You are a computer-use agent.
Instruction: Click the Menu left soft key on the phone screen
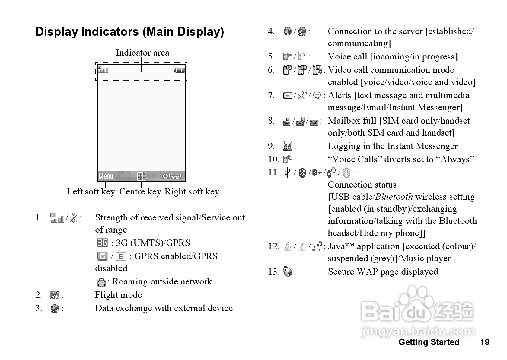click(x=106, y=176)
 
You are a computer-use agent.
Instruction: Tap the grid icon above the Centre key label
click(x=141, y=176)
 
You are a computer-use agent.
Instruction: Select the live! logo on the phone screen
click(x=172, y=176)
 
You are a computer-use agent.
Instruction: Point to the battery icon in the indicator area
click(x=180, y=70)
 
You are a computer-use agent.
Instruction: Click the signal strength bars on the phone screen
click(x=103, y=70)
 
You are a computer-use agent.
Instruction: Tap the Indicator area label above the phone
click(x=142, y=53)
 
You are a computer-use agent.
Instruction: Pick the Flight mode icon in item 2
click(x=55, y=295)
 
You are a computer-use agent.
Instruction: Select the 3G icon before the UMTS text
click(x=102, y=243)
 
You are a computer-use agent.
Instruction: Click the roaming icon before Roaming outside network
click(x=101, y=282)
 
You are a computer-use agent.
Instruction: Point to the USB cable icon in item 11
click(x=287, y=172)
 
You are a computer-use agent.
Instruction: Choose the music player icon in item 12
click(x=317, y=246)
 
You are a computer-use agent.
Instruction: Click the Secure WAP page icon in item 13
click(x=288, y=272)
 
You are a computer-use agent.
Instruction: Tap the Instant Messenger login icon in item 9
click(x=287, y=146)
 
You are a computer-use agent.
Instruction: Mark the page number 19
click(x=485, y=342)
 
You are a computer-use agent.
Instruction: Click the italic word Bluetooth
click(x=394, y=197)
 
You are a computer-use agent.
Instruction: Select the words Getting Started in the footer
click(x=429, y=342)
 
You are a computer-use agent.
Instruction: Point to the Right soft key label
click(x=192, y=191)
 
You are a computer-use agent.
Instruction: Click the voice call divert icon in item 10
click(x=287, y=159)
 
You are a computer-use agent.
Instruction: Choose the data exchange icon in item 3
click(x=55, y=308)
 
